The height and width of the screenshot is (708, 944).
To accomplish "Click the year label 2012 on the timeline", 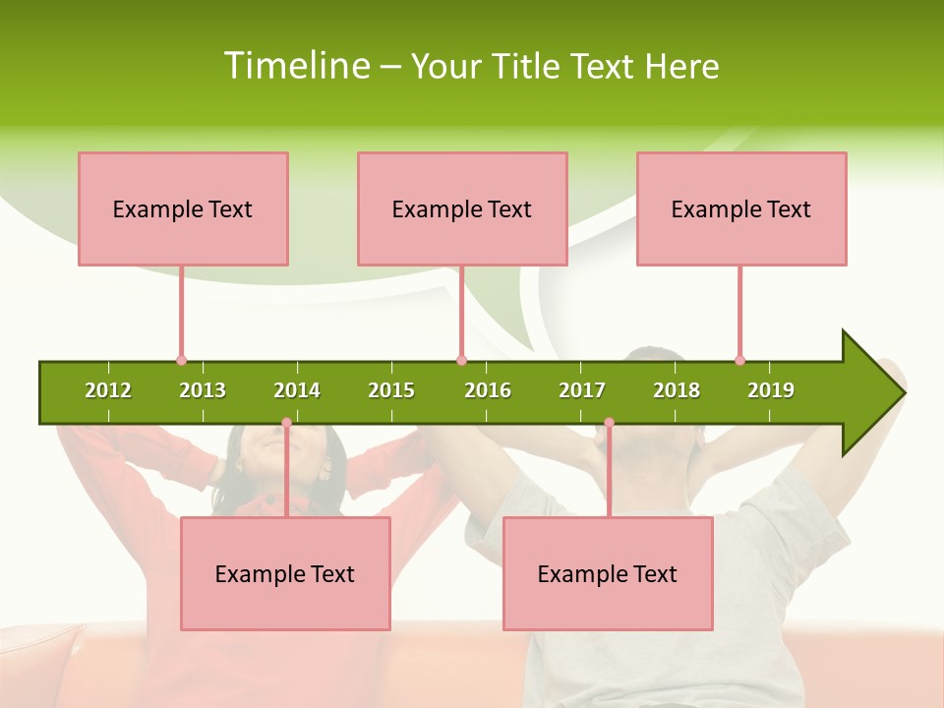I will [x=108, y=390].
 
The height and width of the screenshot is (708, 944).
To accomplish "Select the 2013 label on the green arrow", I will [x=203, y=390].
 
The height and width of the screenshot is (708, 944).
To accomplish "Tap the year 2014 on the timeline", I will [x=297, y=390].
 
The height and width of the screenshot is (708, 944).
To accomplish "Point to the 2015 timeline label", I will [x=391, y=390].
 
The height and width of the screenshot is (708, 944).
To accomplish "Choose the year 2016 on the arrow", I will [x=488, y=390].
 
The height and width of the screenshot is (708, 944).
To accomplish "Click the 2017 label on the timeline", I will [x=582, y=390].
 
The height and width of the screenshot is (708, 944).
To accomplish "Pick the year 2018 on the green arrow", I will [x=677, y=390].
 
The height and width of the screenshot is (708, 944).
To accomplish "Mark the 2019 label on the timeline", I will [x=771, y=390].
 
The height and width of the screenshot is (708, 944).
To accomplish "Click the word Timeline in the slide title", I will [x=295, y=66].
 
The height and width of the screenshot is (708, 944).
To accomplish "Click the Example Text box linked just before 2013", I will [x=183, y=208].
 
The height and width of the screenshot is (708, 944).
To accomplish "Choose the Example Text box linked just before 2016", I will [x=462, y=208].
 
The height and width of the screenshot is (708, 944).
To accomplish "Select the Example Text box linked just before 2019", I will [x=741, y=208].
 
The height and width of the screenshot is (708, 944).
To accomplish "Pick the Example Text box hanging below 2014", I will [x=285, y=573].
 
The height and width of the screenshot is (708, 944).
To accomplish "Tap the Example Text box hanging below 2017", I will [x=608, y=573].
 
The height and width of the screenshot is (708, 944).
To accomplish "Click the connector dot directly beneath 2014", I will [x=286, y=423].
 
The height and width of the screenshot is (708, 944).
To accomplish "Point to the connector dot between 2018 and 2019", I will [x=739, y=360].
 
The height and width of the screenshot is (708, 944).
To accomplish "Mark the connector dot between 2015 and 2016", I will [x=461, y=360].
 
